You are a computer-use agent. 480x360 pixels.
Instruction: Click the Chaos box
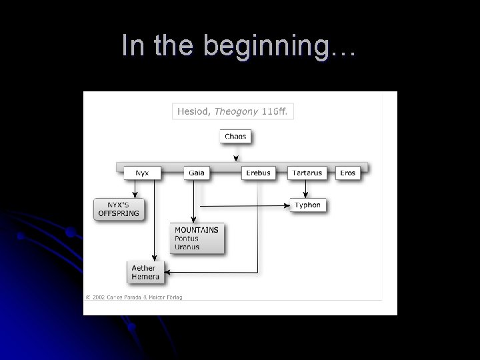coord(235,137)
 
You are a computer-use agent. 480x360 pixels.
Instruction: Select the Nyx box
coord(142,173)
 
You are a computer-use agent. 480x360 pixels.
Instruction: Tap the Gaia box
coord(196,173)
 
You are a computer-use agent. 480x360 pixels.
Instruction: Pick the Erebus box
coord(257,173)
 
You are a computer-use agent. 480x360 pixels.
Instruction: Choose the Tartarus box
coord(307,173)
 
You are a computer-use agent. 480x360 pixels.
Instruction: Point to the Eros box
coord(347,173)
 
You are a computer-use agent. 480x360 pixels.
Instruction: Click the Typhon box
coord(308,205)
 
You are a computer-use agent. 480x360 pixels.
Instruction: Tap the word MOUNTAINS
coord(197,230)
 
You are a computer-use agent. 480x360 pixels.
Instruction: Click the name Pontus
coord(187,238)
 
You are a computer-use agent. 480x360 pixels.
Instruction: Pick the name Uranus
coord(187,247)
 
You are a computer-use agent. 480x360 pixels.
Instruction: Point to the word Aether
coord(143,268)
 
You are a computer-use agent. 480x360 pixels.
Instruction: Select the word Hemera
coord(145,276)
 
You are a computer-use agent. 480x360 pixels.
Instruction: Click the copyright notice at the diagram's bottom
coord(133,297)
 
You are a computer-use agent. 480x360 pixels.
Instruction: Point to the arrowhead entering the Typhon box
coord(288,205)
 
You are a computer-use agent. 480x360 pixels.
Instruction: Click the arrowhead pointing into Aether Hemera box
coord(167,272)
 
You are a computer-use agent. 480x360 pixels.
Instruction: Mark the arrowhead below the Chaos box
coord(235,159)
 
